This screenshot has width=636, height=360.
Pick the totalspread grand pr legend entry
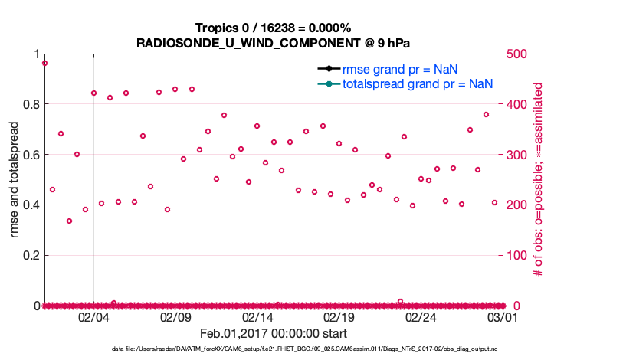[417, 83]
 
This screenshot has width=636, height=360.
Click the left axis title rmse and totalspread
[15, 179]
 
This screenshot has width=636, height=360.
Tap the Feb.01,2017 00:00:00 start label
[274, 333]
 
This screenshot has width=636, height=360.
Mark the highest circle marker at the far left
[44, 64]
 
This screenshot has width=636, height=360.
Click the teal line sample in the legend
[328, 83]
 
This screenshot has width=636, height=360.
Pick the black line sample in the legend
[328, 69]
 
